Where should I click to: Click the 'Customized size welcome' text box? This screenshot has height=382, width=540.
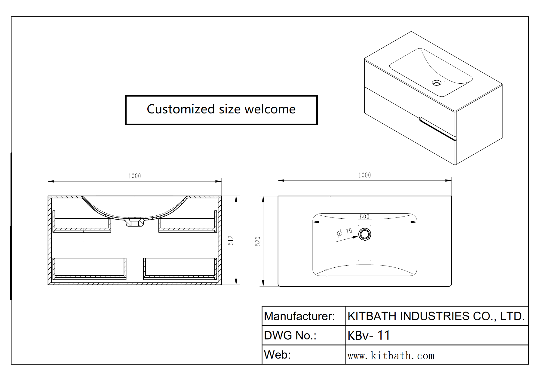[x=221, y=110]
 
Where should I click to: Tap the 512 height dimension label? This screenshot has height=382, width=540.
[x=231, y=240]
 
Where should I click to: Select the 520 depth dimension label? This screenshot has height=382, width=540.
[x=258, y=241]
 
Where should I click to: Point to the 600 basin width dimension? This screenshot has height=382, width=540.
[x=364, y=217]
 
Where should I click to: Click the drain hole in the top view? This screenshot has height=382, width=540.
[x=365, y=234]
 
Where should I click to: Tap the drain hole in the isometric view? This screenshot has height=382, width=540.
[x=437, y=83]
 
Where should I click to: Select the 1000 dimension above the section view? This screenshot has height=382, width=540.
[x=135, y=176]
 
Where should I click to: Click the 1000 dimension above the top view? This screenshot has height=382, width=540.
[x=364, y=175]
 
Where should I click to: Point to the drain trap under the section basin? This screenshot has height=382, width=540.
[x=135, y=222]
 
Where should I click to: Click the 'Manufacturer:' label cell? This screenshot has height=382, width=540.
[x=299, y=316]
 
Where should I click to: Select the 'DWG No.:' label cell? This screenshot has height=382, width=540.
[x=290, y=335]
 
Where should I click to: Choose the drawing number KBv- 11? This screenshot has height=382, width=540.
[x=369, y=335]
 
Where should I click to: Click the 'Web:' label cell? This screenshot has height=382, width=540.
[x=277, y=355]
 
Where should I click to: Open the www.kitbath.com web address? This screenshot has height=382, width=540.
[x=391, y=356]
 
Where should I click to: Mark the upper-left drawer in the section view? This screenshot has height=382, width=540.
[x=82, y=224]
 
